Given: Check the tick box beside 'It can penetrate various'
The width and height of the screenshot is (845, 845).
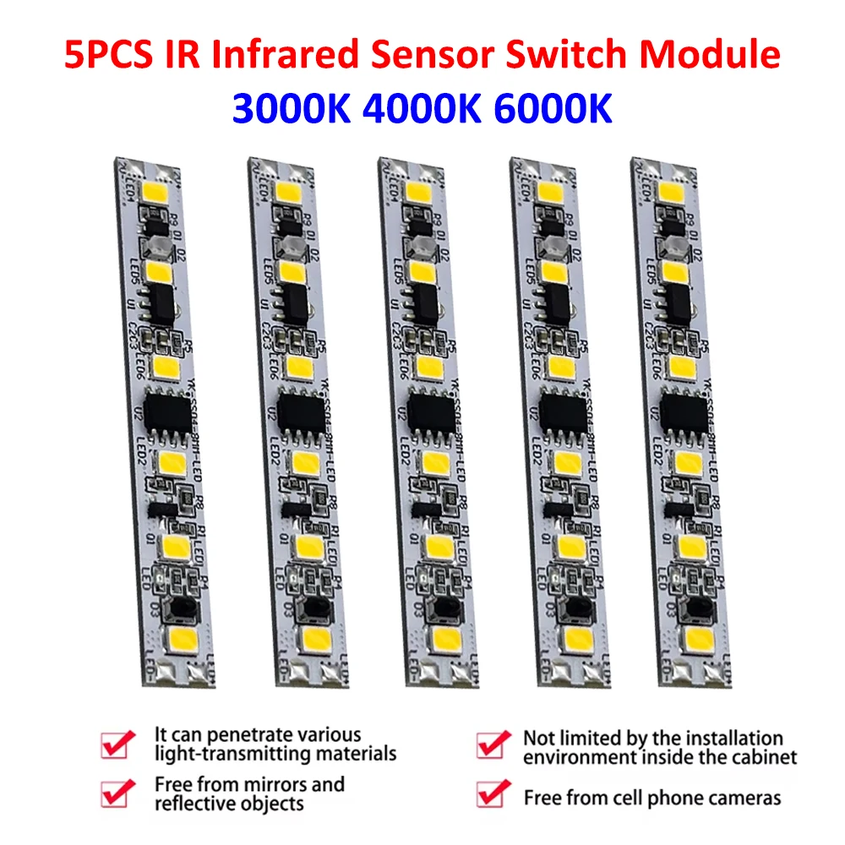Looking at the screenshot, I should [x=117, y=744].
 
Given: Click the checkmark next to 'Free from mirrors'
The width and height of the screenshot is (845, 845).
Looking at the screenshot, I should [x=117, y=793].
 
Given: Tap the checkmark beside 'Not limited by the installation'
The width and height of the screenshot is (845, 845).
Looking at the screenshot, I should [x=493, y=744].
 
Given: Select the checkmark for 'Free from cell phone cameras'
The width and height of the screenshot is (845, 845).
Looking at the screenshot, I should [x=493, y=794].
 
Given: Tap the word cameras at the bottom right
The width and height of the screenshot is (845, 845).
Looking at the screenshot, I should [x=744, y=797].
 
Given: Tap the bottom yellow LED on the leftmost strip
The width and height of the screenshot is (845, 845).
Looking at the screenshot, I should [x=187, y=636].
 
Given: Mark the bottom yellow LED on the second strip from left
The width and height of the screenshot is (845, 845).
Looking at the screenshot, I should [x=317, y=637].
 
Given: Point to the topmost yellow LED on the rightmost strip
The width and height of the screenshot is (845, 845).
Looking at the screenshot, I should [x=675, y=191].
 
